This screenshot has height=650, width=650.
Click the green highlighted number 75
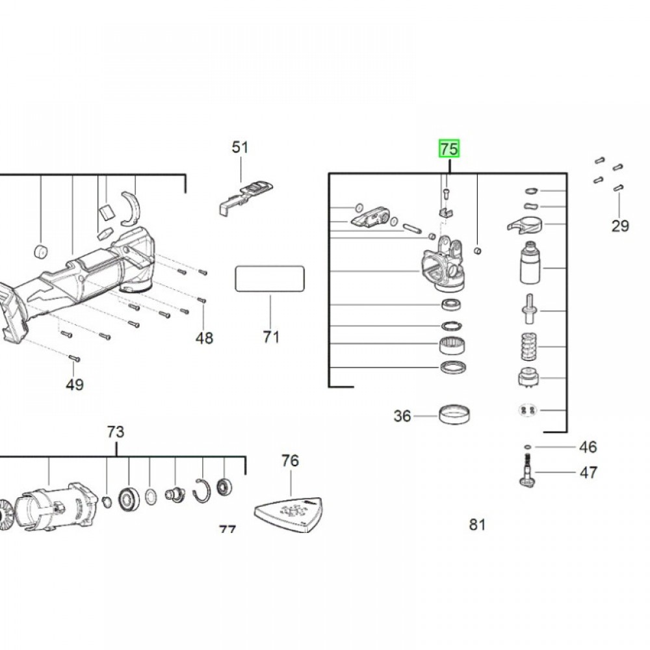(x=448, y=149)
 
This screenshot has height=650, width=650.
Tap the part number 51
(x=240, y=148)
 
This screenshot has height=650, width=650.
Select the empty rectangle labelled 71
(x=270, y=279)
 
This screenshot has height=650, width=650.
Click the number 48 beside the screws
(x=204, y=338)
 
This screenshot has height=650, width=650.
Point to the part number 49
(x=75, y=385)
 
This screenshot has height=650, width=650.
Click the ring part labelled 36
(x=455, y=414)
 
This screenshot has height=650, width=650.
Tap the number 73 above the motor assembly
(x=115, y=432)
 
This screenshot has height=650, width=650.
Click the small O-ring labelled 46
(x=526, y=447)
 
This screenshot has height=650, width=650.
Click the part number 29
(x=620, y=226)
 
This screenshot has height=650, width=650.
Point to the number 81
(x=478, y=525)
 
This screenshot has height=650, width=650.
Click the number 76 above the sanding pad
(x=290, y=461)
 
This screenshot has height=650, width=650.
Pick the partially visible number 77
(x=227, y=530)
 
